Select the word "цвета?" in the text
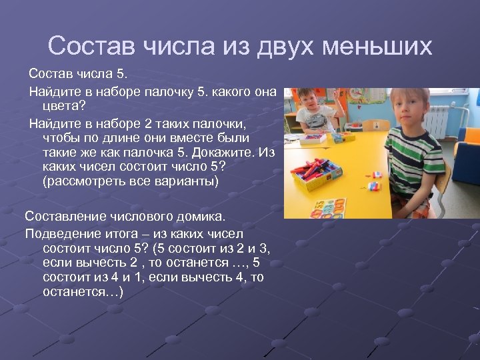point(64,106)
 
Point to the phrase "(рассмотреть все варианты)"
point(130,181)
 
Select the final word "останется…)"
point(82,292)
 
